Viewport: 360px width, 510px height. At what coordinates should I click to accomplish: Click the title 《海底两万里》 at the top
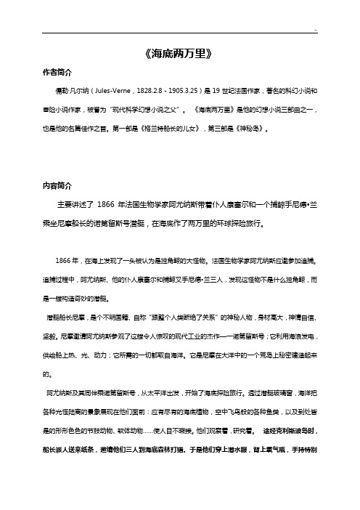click(179, 54)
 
